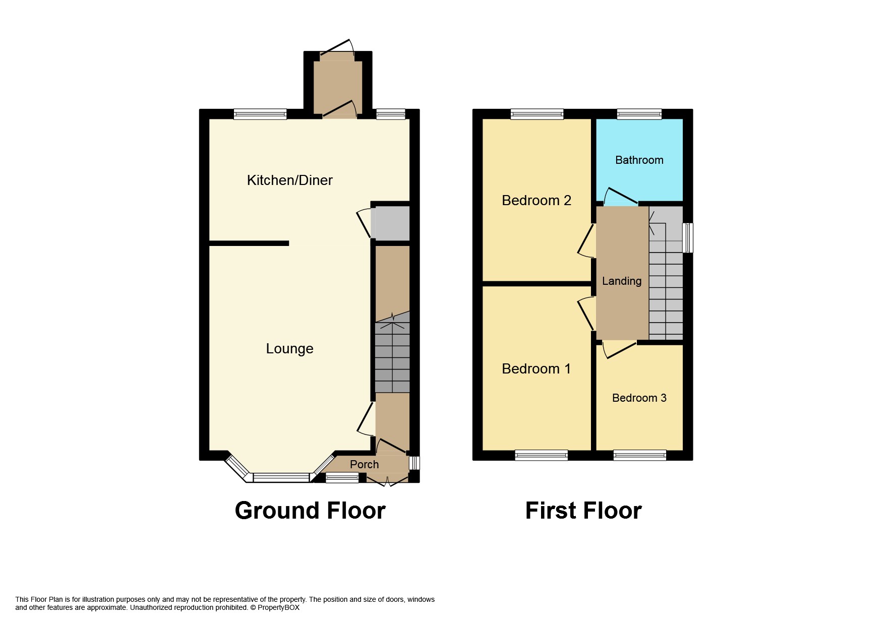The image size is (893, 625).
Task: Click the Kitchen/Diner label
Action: pos(289,180)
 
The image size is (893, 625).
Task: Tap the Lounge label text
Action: pos(289,348)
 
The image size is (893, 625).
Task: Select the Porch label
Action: pos(364,464)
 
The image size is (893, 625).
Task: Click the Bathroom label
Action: pos(639,160)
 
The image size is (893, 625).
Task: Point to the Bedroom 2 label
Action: pos(536,200)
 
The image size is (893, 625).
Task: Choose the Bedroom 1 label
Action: pos(536,368)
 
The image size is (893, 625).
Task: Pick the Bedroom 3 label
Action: pos(639,398)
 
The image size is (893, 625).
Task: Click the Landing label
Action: pos(621,281)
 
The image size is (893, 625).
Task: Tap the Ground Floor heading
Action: pos(310,510)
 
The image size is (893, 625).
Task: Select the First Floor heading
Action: pos(583,510)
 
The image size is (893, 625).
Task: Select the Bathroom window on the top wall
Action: pos(639,114)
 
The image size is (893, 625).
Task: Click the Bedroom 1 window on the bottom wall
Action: pos(541,455)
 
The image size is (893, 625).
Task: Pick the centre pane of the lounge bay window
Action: pos(281,477)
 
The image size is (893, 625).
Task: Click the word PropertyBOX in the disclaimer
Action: pos(278,607)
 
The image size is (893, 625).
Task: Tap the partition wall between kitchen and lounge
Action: pos(249,243)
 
